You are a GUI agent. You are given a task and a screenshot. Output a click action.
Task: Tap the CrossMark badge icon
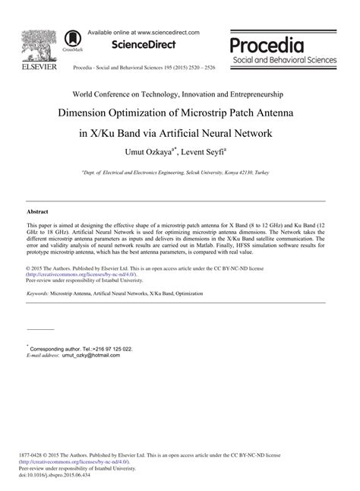tap(74, 40)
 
